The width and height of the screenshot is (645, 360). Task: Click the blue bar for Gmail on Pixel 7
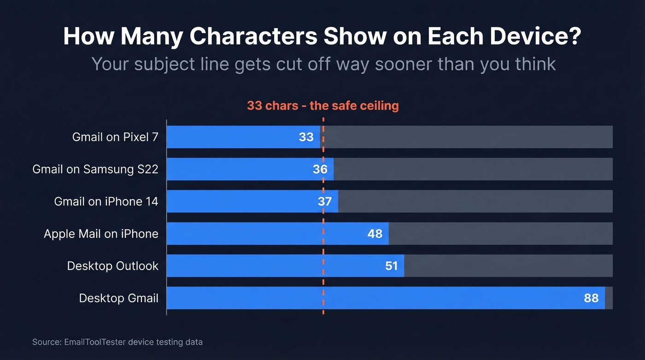(x=230, y=137)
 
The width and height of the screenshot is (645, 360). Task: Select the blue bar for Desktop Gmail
(x=369, y=298)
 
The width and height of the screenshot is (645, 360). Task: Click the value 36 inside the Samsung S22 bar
(x=320, y=169)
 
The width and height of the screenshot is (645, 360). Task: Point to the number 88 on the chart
(x=591, y=298)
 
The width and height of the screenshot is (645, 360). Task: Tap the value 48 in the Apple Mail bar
(x=375, y=234)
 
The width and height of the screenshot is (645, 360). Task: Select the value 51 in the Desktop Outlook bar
(x=391, y=266)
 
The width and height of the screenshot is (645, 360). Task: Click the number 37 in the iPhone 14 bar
(x=325, y=201)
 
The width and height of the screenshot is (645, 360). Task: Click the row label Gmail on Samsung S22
(x=95, y=169)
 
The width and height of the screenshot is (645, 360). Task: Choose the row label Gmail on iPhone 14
(x=106, y=201)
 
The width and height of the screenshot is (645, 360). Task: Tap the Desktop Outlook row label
(x=113, y=266)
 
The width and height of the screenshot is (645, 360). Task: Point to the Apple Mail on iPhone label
(x=101, y=234)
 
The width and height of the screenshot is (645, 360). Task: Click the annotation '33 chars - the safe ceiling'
(x=322, y=106)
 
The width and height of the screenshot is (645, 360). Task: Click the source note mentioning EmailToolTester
(x=117, y=342)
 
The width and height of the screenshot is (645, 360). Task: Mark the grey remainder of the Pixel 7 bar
(x=468, y=137)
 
